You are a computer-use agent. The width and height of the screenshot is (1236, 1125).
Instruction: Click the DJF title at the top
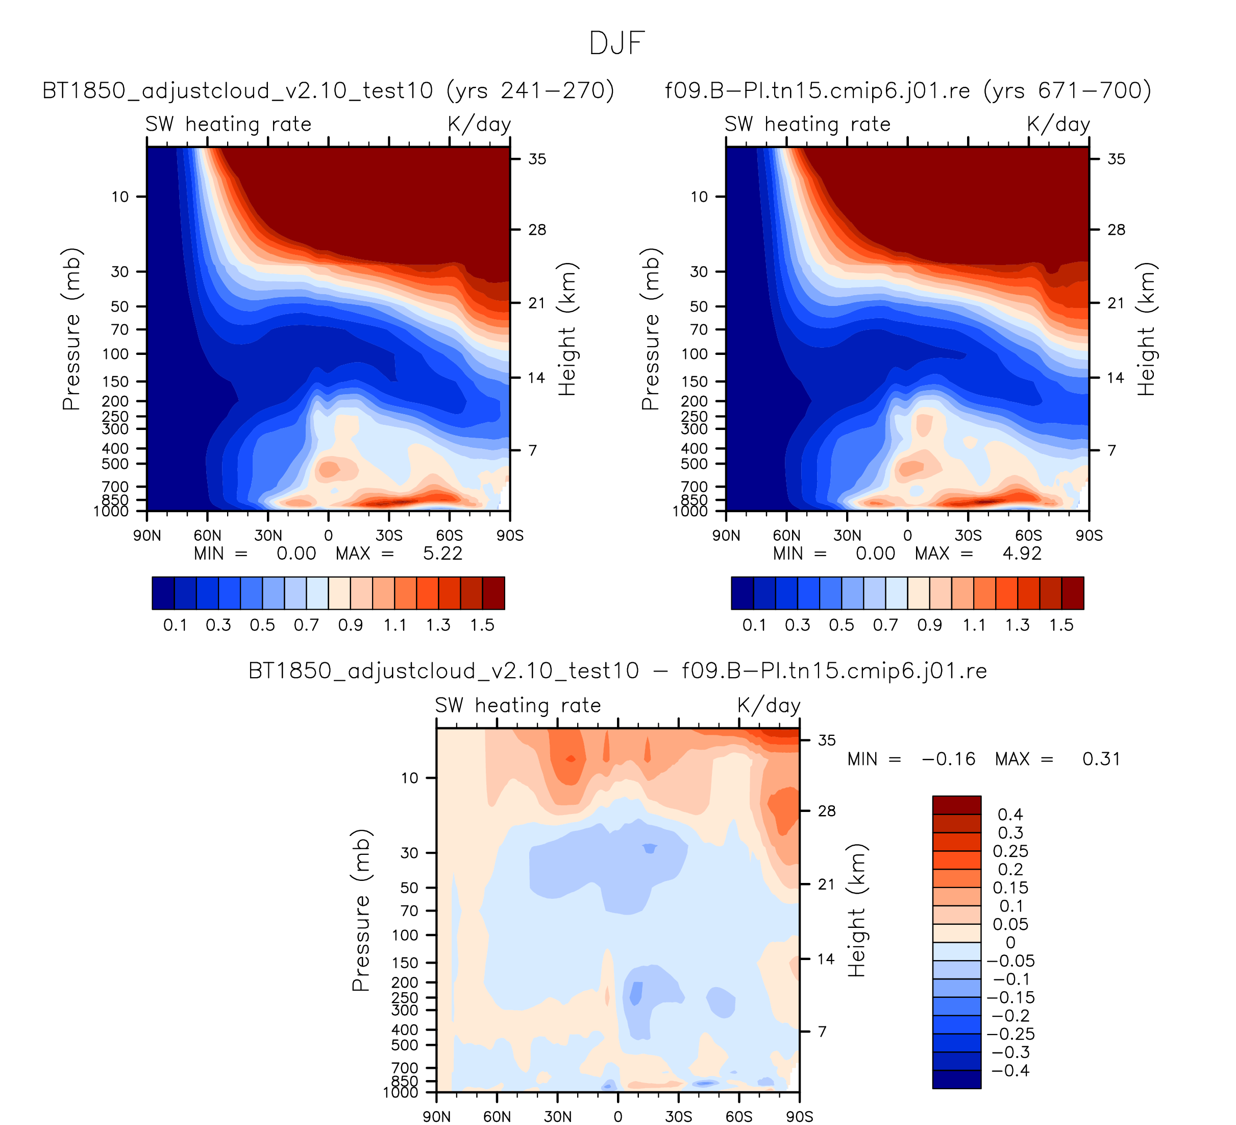coord(617,44)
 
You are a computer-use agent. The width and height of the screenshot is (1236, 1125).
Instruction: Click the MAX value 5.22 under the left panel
coord(442,554)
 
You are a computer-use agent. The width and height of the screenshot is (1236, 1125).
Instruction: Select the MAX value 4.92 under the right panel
coord(1022,554)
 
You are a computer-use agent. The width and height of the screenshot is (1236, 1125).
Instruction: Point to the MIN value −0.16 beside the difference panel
coord(949,759)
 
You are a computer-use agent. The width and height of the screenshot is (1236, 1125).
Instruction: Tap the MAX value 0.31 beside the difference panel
coord(1101,759)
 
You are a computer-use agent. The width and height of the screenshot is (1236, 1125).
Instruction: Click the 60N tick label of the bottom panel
coord(497,1116)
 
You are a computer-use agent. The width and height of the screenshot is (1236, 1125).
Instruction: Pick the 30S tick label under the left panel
coord(389,536)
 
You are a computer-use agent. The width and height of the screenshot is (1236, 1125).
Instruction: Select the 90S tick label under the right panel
coord(1089,536)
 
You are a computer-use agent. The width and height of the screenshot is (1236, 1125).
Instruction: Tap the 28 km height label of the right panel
coord(1116,230)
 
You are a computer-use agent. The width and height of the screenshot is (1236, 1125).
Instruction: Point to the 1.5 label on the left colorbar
coord(482,625)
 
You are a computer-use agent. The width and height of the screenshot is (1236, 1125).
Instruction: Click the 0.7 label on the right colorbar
coord(885,625)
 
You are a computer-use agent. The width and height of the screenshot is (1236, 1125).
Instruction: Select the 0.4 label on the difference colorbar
coord(1010,815)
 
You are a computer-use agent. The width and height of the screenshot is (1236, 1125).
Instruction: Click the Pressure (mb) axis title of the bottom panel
coord(361,911)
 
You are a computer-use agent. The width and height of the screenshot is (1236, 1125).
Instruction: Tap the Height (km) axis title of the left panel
coord(567,329)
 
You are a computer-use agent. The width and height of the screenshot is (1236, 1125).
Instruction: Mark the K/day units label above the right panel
coord(1059,125)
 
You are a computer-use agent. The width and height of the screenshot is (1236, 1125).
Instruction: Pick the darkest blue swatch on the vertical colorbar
coord(956,1079)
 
